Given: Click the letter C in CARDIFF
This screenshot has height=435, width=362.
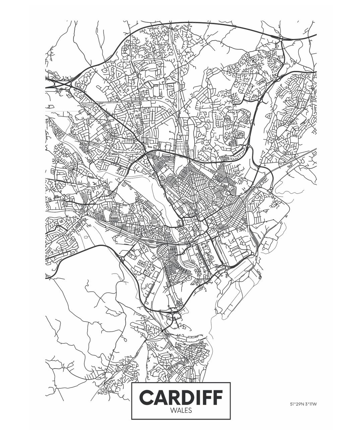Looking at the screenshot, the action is [x=146, y=397].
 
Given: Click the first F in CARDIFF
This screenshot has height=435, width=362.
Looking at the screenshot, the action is [x=207, y=397].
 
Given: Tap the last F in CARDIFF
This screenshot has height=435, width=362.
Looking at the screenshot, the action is [x=218, y=397].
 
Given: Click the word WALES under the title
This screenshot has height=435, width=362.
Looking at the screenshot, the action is [x=181, y=410].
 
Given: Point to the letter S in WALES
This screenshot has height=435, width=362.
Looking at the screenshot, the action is [x=190, y=410].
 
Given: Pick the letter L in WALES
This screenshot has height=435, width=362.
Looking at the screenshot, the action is [x=182, y=410].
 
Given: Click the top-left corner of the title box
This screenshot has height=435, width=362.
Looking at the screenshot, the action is [x=132, y=383].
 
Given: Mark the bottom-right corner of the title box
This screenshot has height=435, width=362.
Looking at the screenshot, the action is [x=230, y=419].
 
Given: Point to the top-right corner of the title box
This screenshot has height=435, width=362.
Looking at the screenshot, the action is [x=230, y=383].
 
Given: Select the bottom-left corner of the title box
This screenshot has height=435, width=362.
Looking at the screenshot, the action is [x=132, y=419].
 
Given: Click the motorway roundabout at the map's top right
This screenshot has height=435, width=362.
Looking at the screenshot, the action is [x=281, y=38].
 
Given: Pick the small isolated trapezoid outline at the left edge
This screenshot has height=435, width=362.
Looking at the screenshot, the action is [x=51, y=106].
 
